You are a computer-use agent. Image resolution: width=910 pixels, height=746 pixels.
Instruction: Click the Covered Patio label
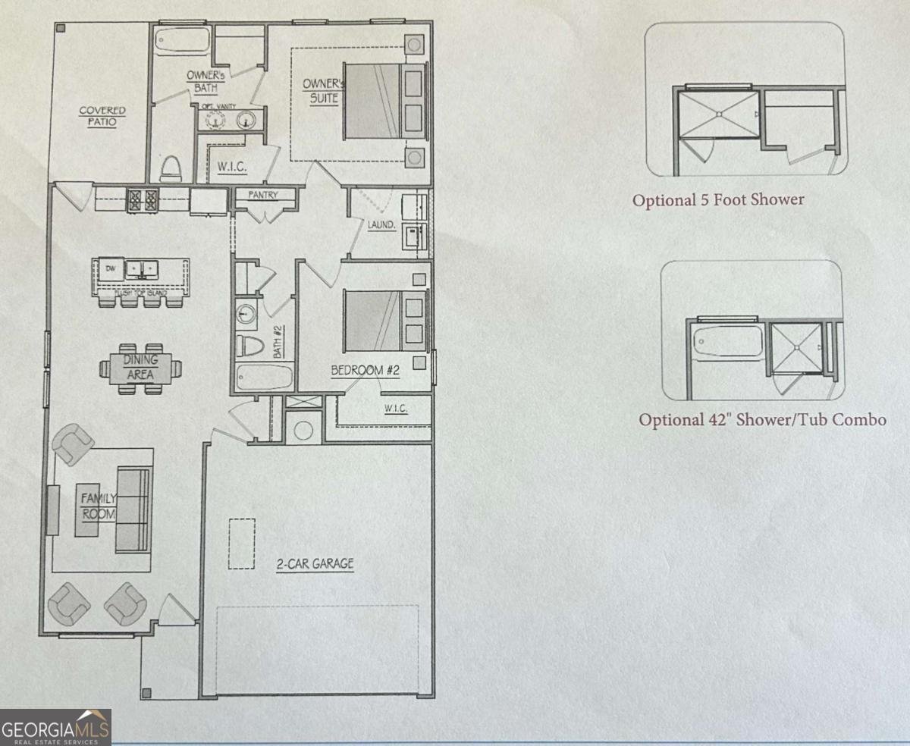point(102,116)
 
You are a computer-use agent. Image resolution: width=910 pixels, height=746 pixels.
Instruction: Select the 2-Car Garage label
point(315,564)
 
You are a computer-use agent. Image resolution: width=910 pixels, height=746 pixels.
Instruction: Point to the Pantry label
point(263,195)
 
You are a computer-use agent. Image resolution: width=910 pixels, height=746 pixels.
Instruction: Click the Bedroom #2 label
point(365,371)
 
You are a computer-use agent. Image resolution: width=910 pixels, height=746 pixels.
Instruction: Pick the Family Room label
point(99,506)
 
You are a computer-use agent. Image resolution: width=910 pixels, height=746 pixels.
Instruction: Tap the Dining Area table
point(140,368)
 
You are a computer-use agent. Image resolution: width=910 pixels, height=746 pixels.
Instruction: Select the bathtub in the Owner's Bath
point(182,41)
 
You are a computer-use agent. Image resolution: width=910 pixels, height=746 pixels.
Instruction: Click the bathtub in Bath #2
point(264,377)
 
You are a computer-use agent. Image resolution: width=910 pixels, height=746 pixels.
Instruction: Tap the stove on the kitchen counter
point(143,199)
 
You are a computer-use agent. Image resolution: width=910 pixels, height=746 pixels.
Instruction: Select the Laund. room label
point(381,225)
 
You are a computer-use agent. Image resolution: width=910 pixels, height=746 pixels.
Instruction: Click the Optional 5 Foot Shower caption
point(718,201)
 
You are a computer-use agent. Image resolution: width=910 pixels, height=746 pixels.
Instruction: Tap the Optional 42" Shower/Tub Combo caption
point(762,419)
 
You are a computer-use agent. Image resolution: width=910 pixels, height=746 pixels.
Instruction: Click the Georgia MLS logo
point(56,727)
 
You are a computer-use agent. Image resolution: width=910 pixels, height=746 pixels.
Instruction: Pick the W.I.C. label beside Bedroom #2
point(396,409)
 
